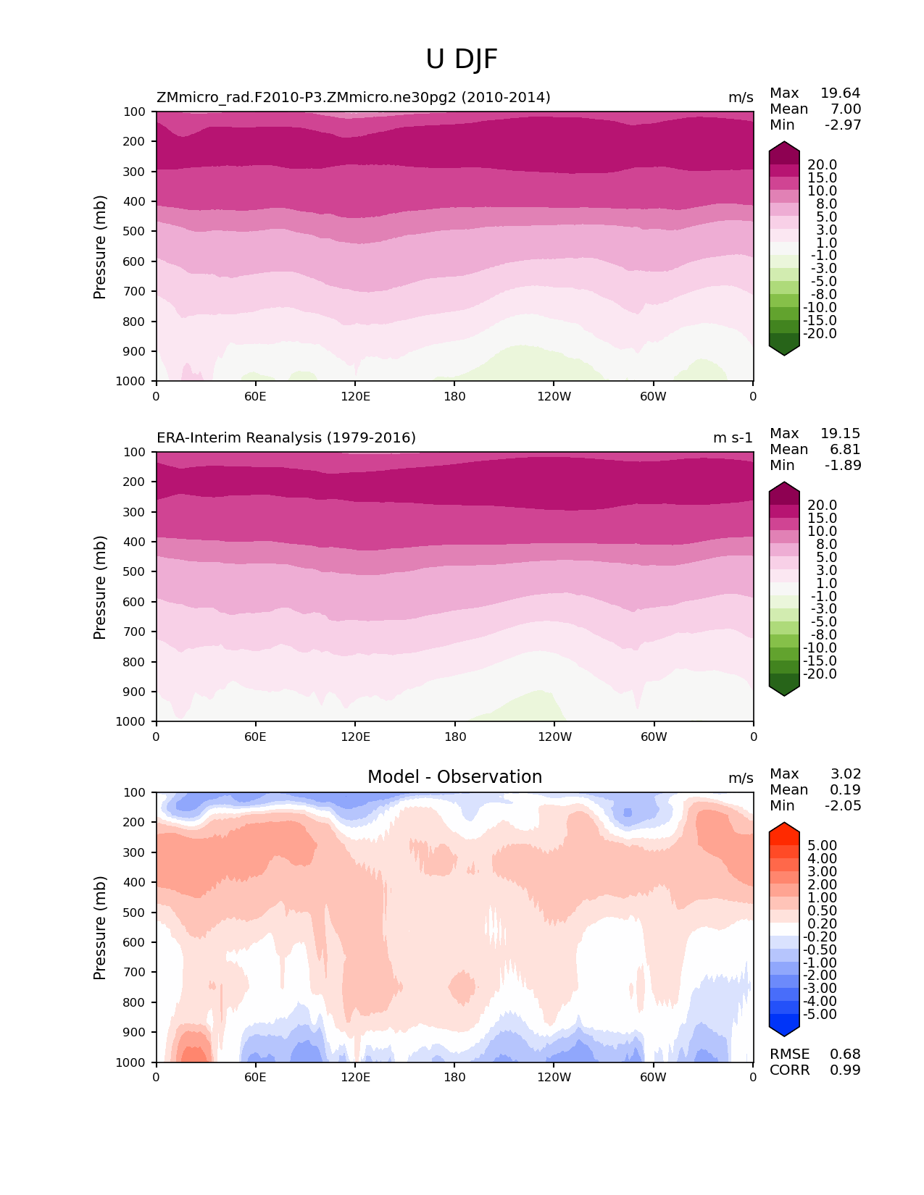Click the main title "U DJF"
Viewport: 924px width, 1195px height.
[x=462, y=59]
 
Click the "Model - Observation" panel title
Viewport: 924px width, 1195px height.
[x=454, y=777]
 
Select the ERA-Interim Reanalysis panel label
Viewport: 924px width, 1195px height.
[x=286, y=437]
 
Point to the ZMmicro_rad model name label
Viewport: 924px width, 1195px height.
[x=354, y=97]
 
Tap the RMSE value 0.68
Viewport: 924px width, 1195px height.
[x=845, y=1054]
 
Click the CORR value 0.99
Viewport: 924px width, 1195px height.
[x=845, y=1070]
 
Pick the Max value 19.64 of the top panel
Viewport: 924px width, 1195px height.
[x=840, y=93]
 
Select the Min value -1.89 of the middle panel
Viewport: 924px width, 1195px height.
[x=843, y=465]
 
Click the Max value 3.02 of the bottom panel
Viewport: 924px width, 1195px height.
[x=845, y=773]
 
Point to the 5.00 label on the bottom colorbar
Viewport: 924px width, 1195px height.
[x=822, y=845]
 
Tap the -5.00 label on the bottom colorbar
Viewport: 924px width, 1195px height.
[x=820, y=1014]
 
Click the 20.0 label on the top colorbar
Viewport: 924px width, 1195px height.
[x=822, y=164]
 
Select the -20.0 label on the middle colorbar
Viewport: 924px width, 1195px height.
[x=820, y=674]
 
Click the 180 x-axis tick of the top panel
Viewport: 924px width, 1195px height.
[x=454, y=396]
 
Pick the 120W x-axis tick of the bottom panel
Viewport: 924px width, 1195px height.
[x=554, y=1077]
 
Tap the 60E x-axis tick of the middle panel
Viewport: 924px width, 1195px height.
[x=255, y=737]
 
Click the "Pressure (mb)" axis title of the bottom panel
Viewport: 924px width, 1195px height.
[x=100, y=927]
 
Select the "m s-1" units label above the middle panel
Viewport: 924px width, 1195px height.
[x=733, y=437]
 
